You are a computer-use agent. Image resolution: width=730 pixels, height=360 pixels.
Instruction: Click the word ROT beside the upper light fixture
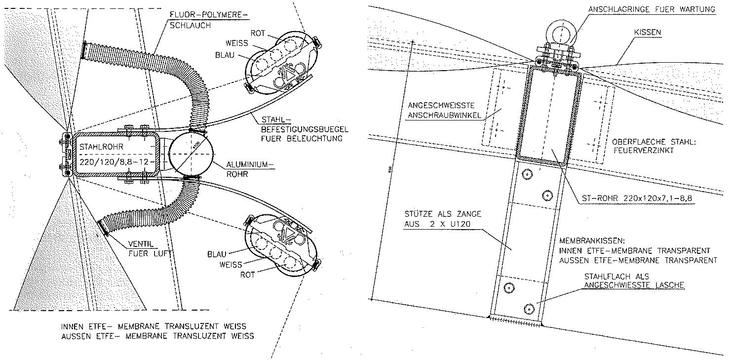pos(271,33)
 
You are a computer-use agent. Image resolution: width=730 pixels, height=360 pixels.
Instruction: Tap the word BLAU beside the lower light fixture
pos(217,254)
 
